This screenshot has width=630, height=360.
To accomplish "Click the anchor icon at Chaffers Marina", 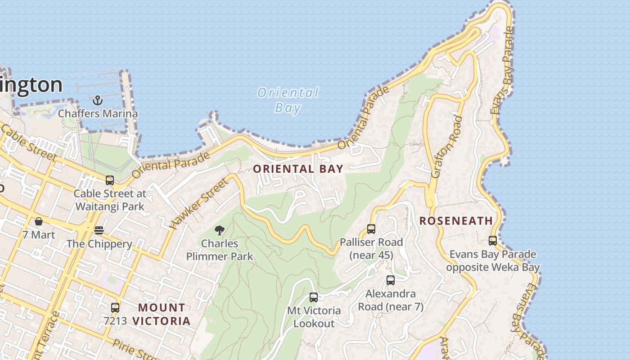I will [x=98, y=100].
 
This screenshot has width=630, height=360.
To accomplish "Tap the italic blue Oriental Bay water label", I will [x=288, y=100].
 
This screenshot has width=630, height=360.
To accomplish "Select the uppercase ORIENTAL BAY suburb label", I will [x=298, y=169].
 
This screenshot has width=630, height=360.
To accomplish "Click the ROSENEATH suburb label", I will [x=456, y=221].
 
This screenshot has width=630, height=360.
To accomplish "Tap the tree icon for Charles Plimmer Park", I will [x=220, y=230].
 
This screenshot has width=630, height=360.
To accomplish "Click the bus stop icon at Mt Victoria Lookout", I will [x=314, y=297].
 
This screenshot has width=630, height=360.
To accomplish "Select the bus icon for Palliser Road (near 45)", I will [x=371, y=229].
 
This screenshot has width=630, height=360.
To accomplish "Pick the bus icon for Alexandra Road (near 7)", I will [x=391, y=280].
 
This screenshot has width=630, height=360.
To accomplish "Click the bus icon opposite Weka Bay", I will [x=493, y=241].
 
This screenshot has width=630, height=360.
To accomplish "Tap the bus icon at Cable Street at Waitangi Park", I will [x=110, y=180].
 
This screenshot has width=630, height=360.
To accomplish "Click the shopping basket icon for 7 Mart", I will [x=39, y=221].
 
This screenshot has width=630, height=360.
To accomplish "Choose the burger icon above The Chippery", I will [x=99, y=230].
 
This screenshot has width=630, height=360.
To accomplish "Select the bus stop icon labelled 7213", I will [x=115, y=308].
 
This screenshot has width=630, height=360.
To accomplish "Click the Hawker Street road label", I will [x=198, y=203].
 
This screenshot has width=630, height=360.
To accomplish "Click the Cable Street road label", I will [x=28, y=143].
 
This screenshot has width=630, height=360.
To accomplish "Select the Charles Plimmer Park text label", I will [x=220, y=250].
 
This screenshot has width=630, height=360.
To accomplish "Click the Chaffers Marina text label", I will [x=98, y=113].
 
